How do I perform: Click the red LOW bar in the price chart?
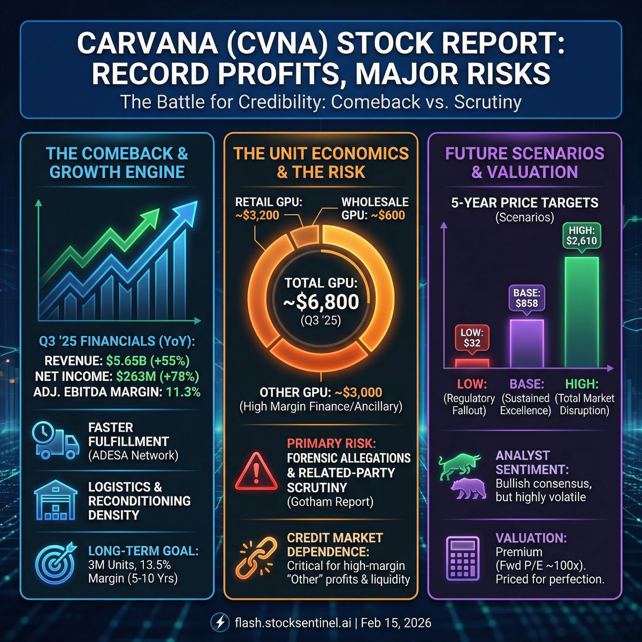[472, 363]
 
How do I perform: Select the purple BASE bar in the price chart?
[526, 343]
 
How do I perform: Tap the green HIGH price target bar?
[582, 312]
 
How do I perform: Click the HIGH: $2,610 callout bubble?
[582, 235]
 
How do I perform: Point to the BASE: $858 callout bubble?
[526, 297]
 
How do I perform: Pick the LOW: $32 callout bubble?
[471, 338]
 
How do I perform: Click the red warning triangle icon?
[256, 471]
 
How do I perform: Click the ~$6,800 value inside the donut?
[321, 302]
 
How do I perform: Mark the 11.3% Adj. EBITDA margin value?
[183, 392]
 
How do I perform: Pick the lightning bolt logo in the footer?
[219, 623]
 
